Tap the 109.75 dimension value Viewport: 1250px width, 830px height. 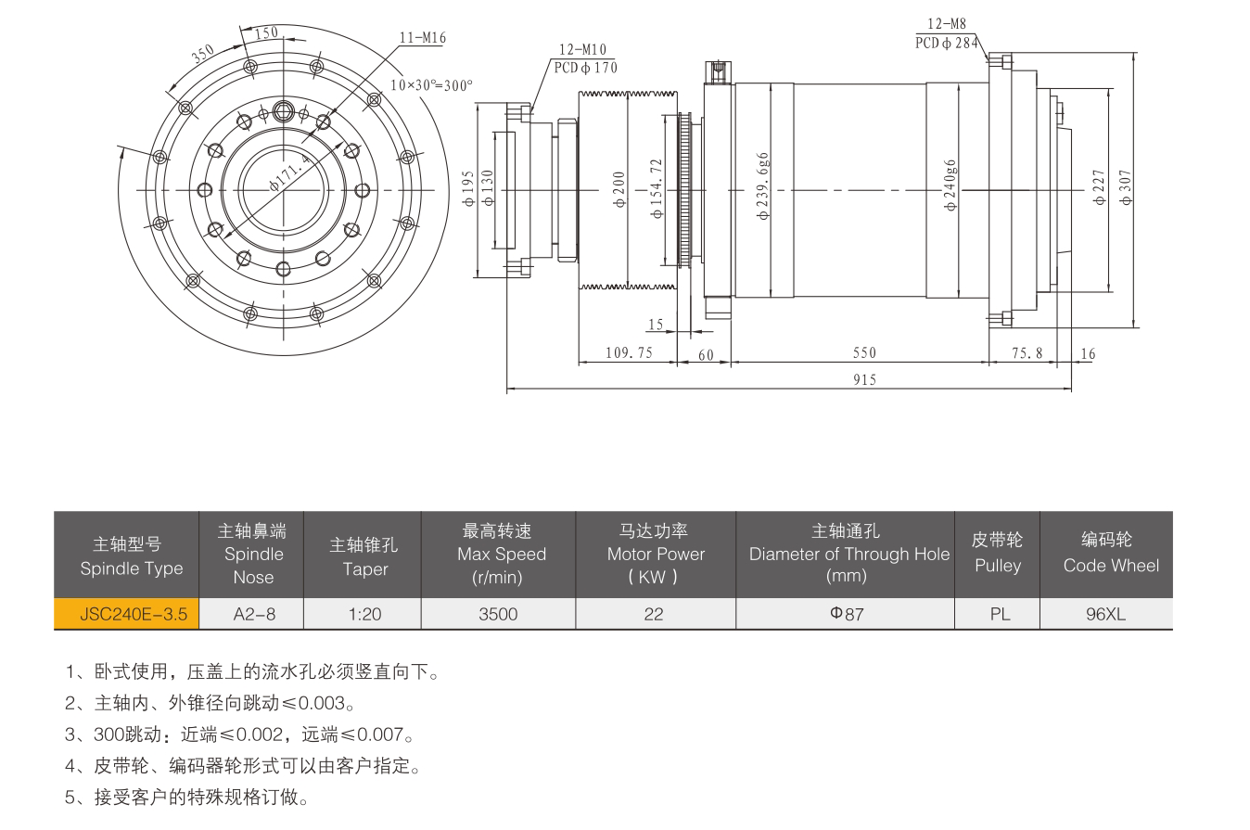tap(629, 353)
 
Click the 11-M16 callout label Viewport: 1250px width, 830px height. tap(423, 37)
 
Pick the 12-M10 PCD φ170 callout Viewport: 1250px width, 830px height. tap(584, 58)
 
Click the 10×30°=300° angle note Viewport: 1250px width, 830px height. tap(431, 84)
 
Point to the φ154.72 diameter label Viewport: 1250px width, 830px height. tap(657, 188)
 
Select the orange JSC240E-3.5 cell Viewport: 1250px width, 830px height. tap(126, 614)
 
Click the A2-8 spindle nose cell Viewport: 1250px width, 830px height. tap(252, 614)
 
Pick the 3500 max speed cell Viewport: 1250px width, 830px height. tap(498, 614)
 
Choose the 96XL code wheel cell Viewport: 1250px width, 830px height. tap(1105, 614)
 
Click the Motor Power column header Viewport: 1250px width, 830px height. tap(655, 555)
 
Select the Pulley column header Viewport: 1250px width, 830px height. tap(997, 555)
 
